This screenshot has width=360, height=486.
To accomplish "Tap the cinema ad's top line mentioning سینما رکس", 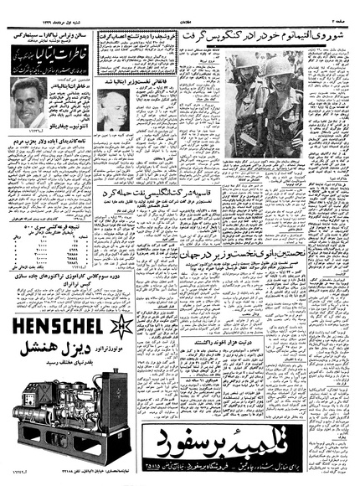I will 50,37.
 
